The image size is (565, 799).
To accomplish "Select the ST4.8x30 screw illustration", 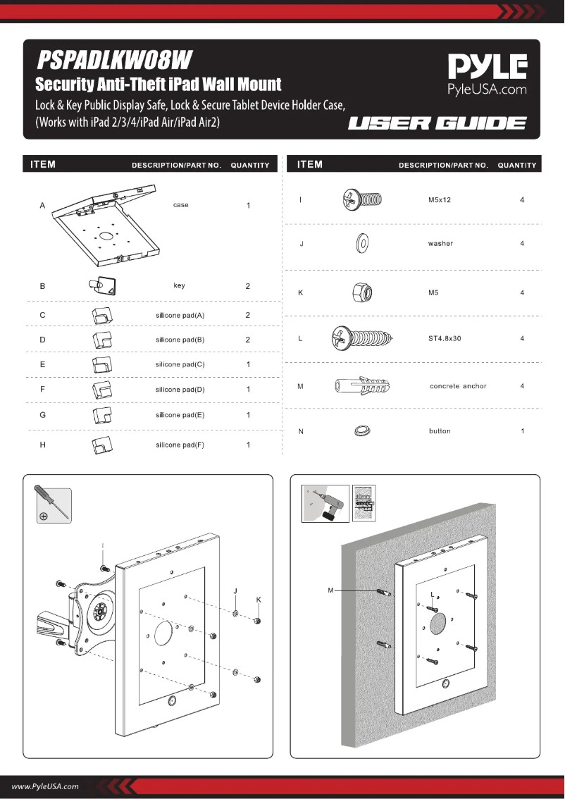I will [361, 339].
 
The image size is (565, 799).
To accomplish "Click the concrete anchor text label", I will [458, 386].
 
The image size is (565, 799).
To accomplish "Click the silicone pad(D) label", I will [180, 390].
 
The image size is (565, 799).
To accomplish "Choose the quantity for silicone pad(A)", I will [248, 315].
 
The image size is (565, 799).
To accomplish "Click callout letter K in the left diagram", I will [259, 600].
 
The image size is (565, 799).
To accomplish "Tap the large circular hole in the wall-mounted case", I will [437, 624].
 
